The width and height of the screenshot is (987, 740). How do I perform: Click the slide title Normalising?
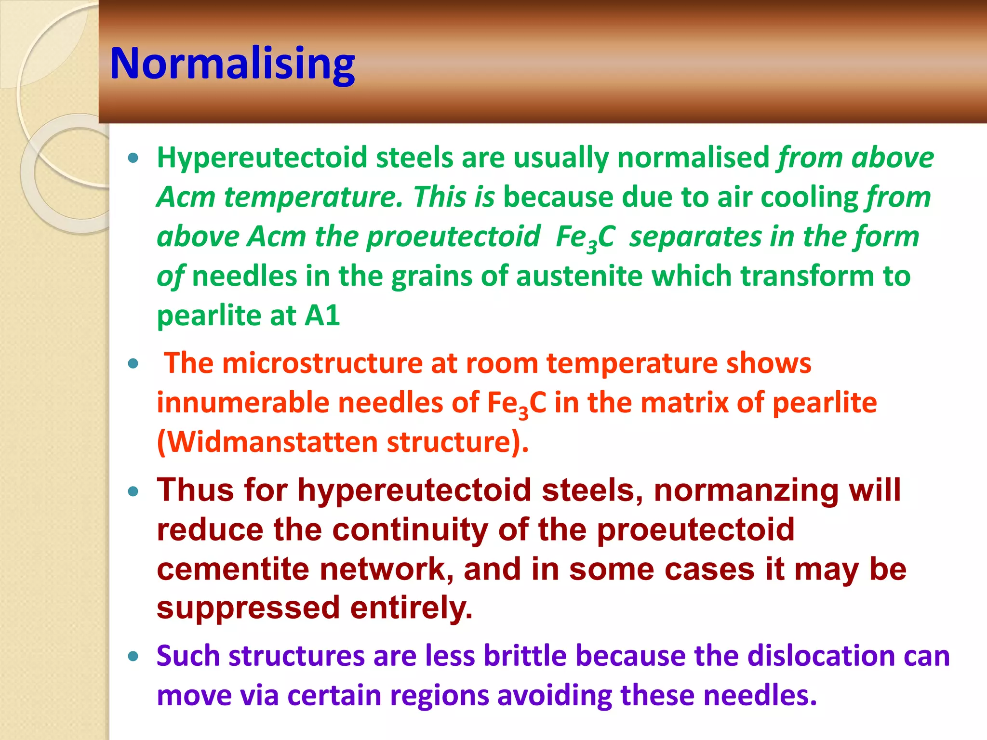click(x=232, y=64)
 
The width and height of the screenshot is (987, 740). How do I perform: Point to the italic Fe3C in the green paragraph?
click(x=585, y=238)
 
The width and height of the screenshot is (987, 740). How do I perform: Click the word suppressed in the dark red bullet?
click(x=249, y=608)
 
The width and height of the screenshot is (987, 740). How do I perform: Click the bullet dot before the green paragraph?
click(x=133, y=158)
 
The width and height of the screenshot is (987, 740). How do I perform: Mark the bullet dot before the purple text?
click(x=133, y=656)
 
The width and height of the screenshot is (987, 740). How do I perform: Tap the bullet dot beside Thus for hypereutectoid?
click(x=133, y=491)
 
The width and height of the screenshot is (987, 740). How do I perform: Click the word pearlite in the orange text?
click(x=825, y=403)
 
